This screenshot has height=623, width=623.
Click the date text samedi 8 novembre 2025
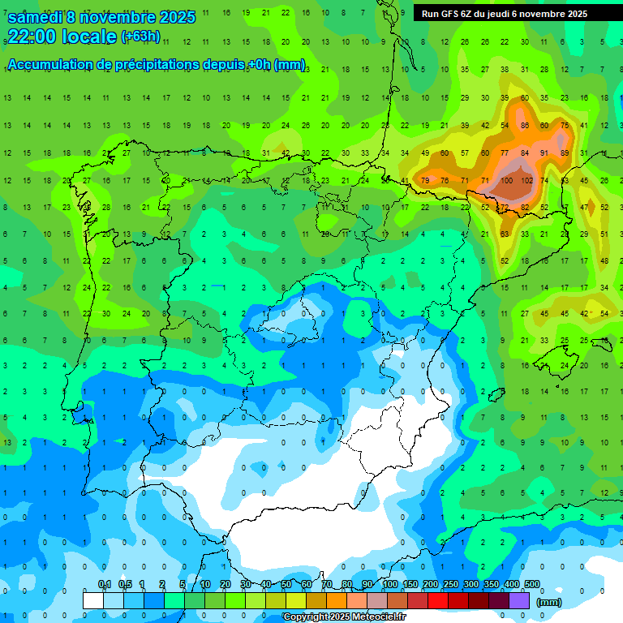pos(101,17)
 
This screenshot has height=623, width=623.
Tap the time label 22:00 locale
pos(62,37)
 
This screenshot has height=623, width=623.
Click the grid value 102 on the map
pos(527,180)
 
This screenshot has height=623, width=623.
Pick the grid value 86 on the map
pos(525,125)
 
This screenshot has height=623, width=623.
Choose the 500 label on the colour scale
pos(532,585)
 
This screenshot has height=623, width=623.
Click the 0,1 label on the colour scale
pos(105,585)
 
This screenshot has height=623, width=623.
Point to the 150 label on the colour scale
pos(410,585)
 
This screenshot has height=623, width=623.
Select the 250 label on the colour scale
pos(450,585)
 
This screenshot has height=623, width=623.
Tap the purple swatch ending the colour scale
pos(520,600)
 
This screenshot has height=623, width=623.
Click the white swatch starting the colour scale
pos(93,600)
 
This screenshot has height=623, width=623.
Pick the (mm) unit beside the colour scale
pos(550,603)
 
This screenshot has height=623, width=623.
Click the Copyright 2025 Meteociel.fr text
pos(345,617)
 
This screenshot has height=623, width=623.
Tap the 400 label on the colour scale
pos(511,585)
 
